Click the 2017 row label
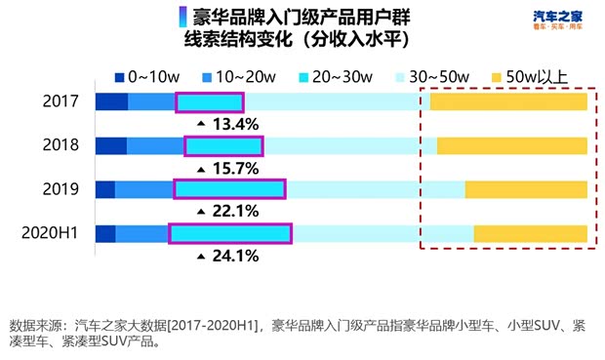coord(60,101)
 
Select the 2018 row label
coord(60,145)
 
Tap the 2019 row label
coord(60,189)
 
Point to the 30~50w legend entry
coord(435,75)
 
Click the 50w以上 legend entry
coord(532,75)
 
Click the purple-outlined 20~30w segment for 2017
coord(209,102)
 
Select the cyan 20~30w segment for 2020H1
coord(230,233)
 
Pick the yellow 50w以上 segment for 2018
coord(511,146)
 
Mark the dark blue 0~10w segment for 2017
coord(111,102)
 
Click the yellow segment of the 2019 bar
coord(525,189)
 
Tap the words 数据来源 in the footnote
coord(34,325)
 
